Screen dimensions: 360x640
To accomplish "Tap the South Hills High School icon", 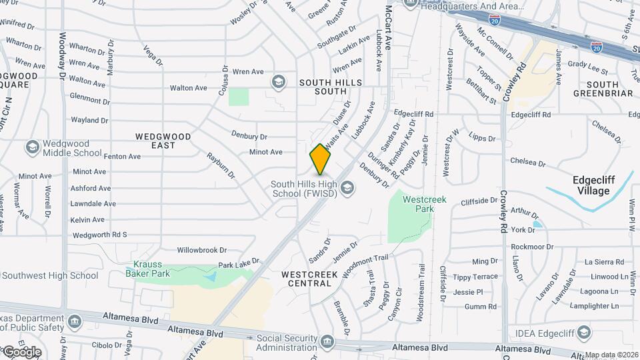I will pyautogui.click(x=347, y=189).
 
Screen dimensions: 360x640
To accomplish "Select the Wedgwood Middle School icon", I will pyautogui.click(x=31, y=146).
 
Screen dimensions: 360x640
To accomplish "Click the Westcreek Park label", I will pyautogui.click(x=424, y=204).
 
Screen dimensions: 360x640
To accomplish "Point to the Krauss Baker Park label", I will pyautogui.click(x=151, y=268).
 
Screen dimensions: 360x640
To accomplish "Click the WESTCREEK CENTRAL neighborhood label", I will pyautogui.click(x=307, y=279).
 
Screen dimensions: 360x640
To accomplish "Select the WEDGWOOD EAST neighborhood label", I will pyautogui.click(x=163, y=141).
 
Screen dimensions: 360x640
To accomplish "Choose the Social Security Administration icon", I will pyautogui.click(x=327, y=341).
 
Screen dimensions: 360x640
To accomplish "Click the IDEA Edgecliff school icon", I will pyautogui.click(x=584, y=333).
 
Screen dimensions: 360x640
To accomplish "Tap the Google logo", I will pyautogui.click(x=21, y=352).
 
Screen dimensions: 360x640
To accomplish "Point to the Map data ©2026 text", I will pyautogui.click(x=611, y=355).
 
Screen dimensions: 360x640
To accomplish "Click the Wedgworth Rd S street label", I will pyautogui.click(x=99, y=235).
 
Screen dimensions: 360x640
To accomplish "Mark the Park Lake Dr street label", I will pyautogui.click(x=238, y=265).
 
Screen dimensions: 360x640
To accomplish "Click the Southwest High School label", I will pyautogui.click(x=50, y=275).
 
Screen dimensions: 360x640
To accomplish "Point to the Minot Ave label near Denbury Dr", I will pyautogui.click(x=266, y=152).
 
